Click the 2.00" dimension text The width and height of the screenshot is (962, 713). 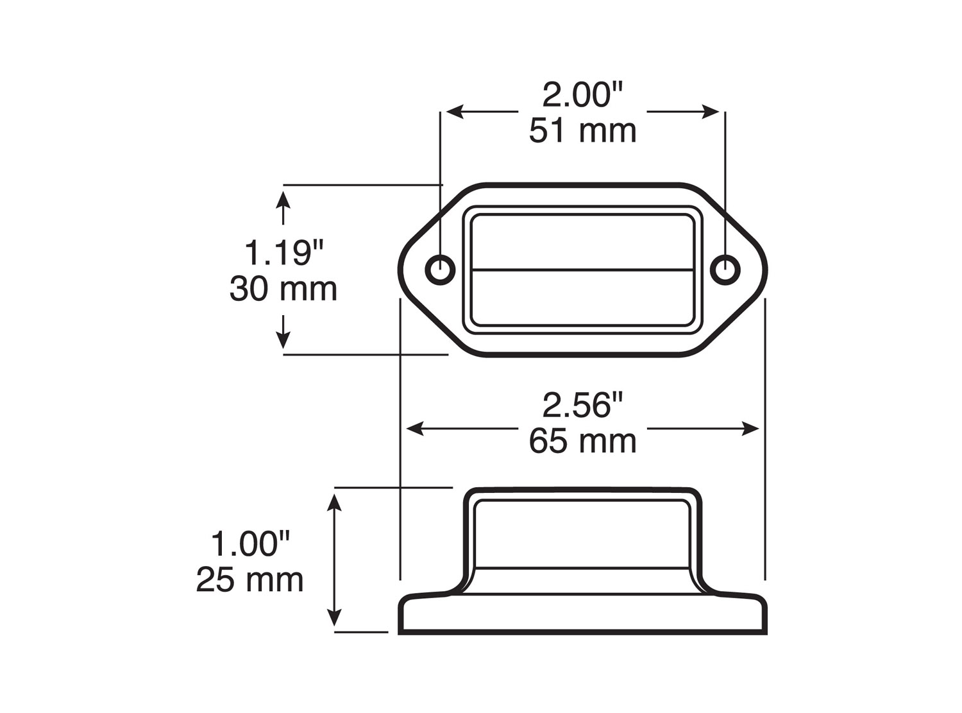pyautogui.click(x=582, y=96)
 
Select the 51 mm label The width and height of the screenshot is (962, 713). pyautogui.click(x=582, y=131)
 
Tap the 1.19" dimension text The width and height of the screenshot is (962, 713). pyautogui.click(x=283, y=253)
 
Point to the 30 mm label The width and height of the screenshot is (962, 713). pyautogui.click(x=283, y=289)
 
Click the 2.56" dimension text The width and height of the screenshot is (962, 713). pyautogui.click(x=582, y=406)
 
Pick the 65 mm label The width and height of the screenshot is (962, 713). pyautogui.click(x=582, y=442)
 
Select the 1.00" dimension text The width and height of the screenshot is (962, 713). pyautogui.click(x=250, y=544)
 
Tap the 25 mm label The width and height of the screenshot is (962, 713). pyautogui.click(x=250, y=580)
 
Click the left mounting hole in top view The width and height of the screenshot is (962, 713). pyautogui.click(x=441, y=269)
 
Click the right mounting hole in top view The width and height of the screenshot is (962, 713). pyautogui.click(x=725, y=269)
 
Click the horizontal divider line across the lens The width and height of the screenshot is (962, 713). pyautogui.click(x=582, y=269)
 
